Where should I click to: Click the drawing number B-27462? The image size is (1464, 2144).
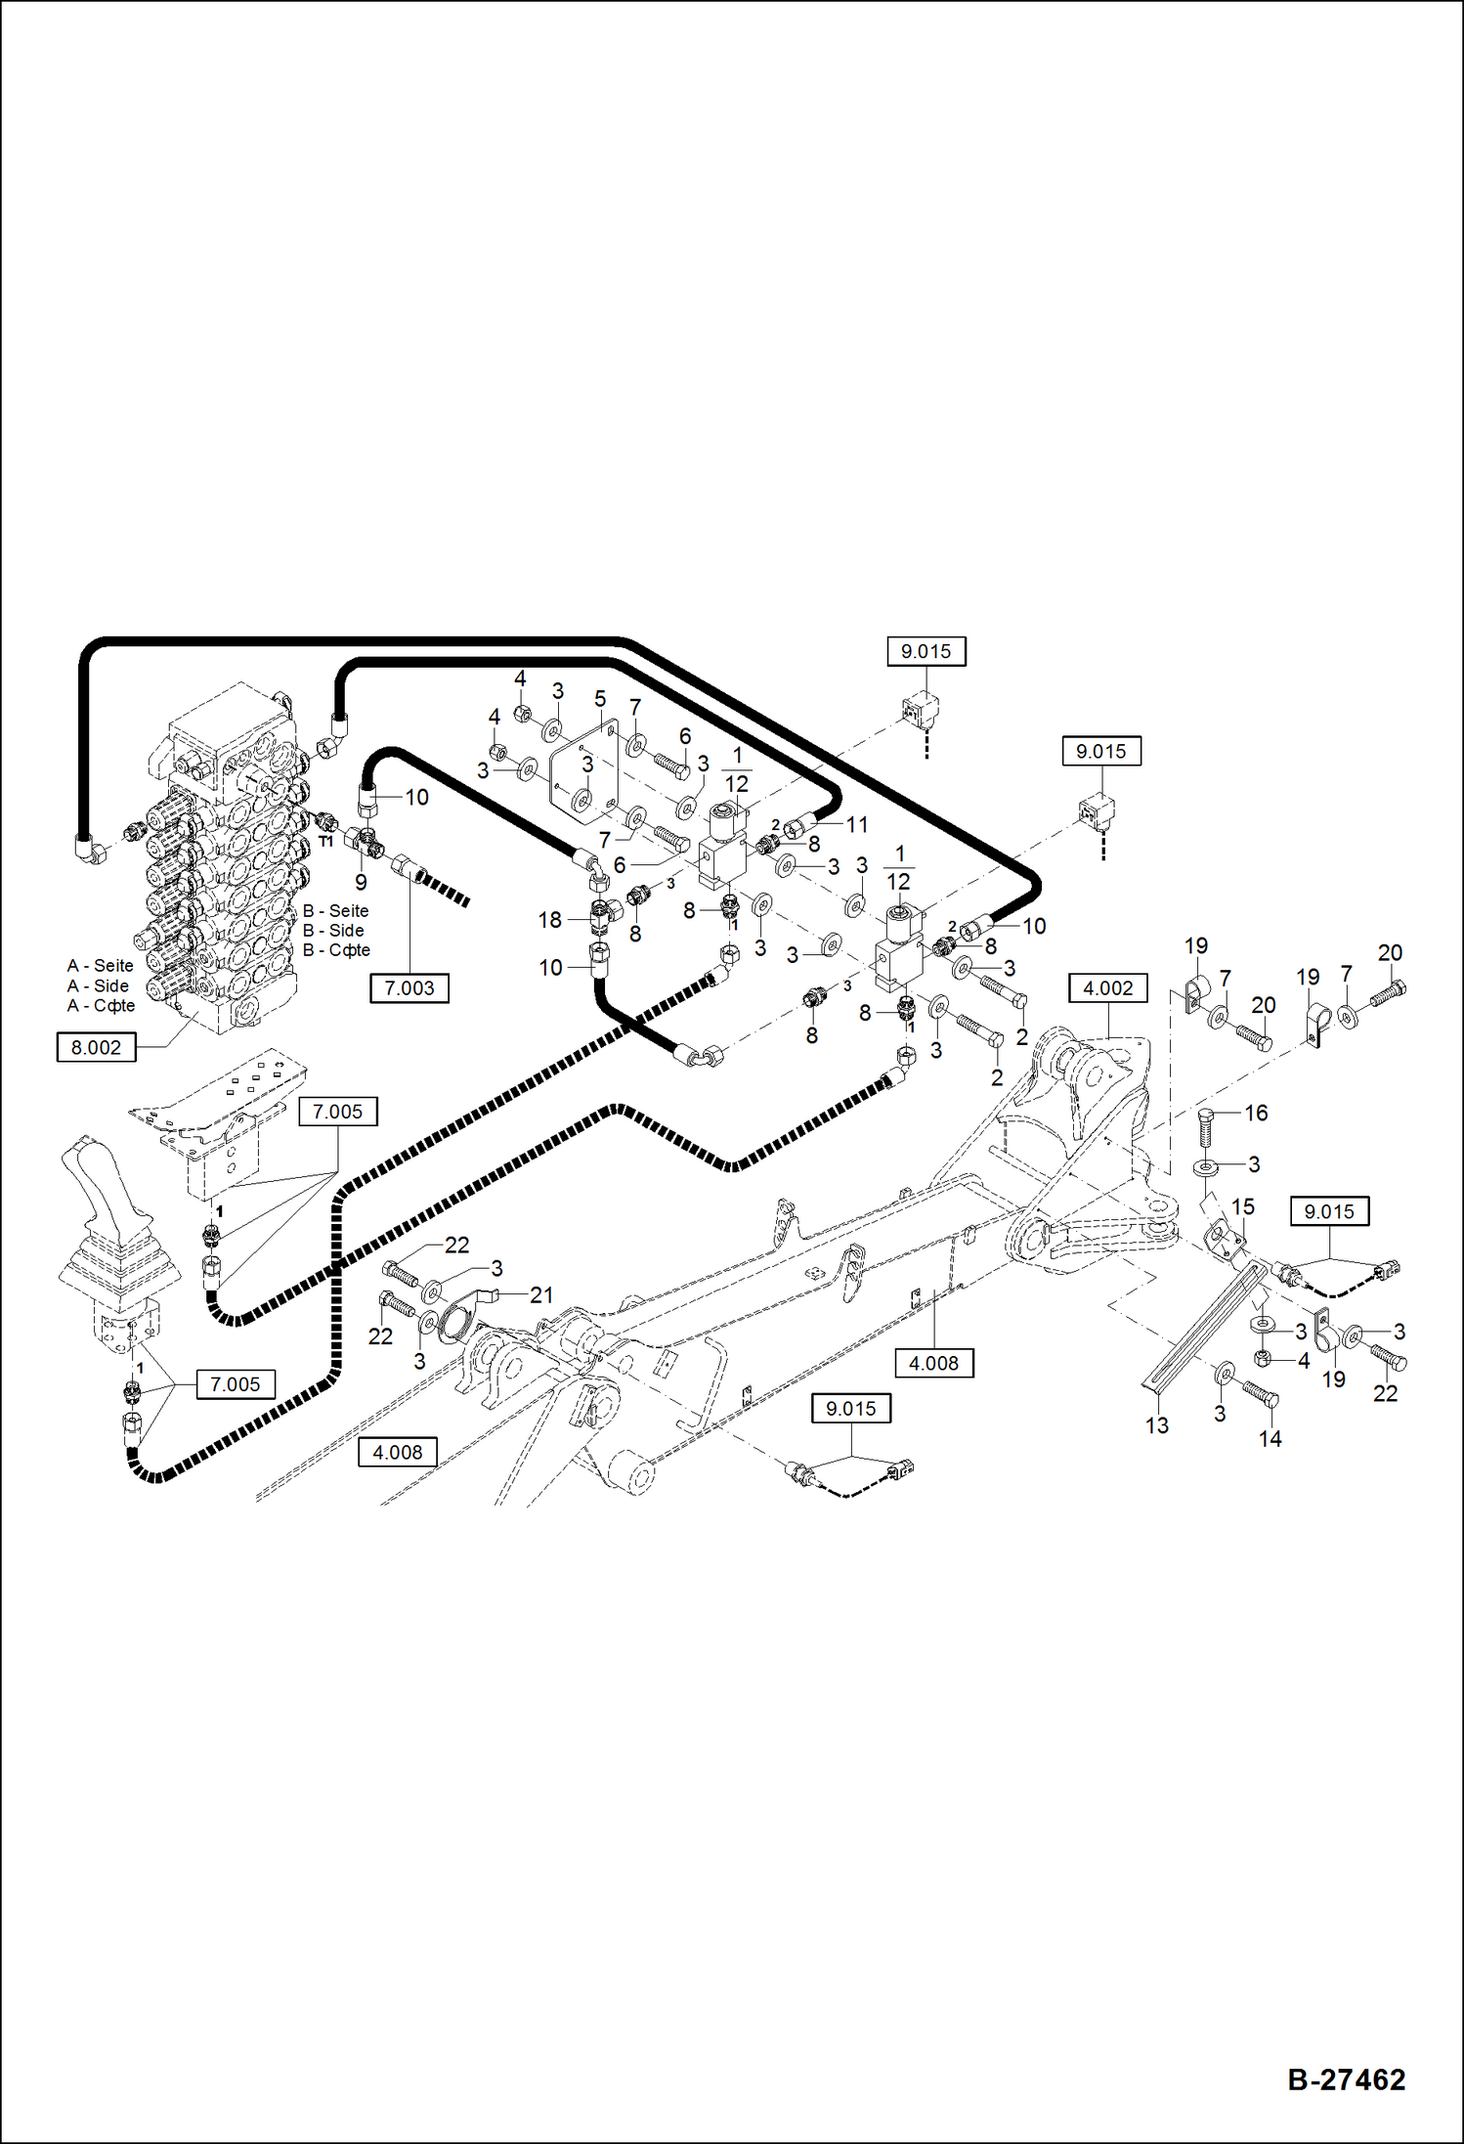(x=1346, y=2078)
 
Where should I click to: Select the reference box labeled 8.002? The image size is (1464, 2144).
(x=96, y=1048)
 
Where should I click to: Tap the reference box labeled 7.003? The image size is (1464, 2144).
(x=409, y=988)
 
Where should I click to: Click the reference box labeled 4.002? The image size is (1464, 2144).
(x=1107, y=988)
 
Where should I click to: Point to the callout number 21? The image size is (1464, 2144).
(x=541, y=1294)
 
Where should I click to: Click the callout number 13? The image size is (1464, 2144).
(x=1156, y=1425)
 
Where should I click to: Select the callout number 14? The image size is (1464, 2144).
(x=1270, y=1438)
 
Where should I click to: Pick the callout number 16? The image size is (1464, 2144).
(x=1256, y=1113)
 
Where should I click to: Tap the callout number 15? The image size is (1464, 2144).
(x=1242, y=1206)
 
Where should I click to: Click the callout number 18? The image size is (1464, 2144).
(x=549, y=920)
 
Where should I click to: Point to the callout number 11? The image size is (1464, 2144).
(x=856, y=825)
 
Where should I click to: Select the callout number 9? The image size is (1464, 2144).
(x=361, y=882)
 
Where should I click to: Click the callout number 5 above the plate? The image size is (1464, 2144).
(x=600, y=699)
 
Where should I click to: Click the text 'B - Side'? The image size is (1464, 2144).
(x=333, y=931)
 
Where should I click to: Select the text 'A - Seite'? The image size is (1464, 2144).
(x=100, y=966)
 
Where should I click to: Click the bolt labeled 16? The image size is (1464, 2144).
(x=1207, y=1129)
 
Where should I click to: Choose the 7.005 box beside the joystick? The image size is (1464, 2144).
(x=236, y=1384)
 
